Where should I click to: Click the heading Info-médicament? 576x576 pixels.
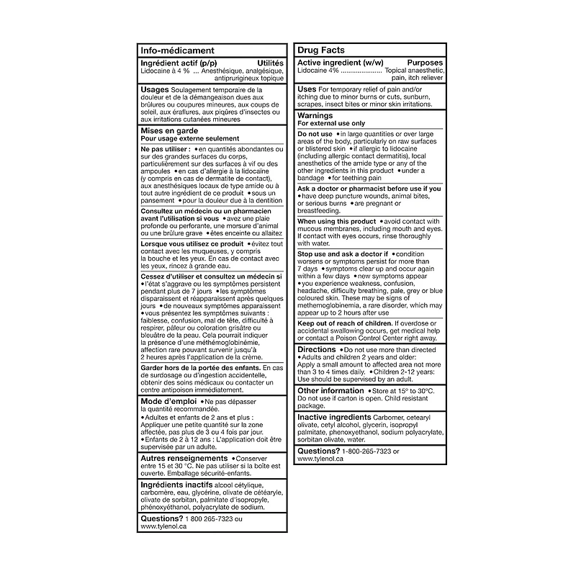click(x=176, y=50)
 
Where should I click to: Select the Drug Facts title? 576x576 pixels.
click(x=321, y=50)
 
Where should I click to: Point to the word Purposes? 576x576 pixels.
click(x=426, y=63)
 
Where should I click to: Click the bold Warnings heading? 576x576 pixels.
click(x=315, y=115)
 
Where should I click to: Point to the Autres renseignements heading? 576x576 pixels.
click(x=184, y=458)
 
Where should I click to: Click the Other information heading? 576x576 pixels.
click(x=331, y=390)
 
